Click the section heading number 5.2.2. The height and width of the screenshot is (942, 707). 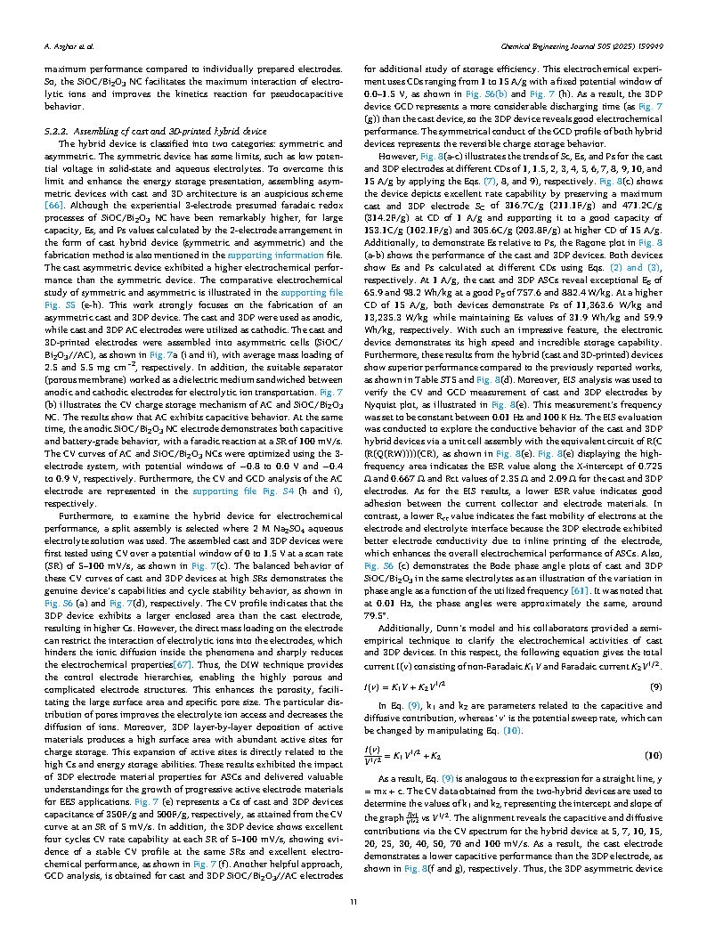(x=57, y=130)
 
